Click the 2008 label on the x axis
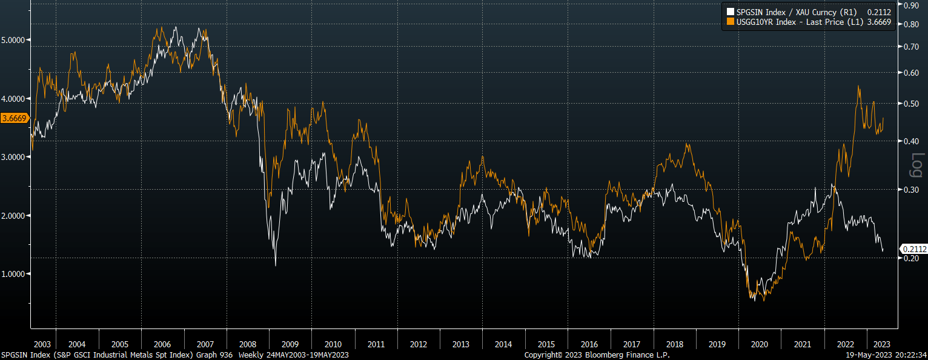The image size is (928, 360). point(248,344)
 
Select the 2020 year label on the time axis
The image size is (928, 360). point(759,344)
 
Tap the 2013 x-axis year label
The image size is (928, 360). point(460,344)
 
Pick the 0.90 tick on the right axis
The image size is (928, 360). point(911,5)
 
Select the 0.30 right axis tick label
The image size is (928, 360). point(911,190)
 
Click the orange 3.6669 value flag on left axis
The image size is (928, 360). point(15,118)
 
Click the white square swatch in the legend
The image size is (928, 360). point(730,12)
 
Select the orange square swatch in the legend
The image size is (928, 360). point(730,22)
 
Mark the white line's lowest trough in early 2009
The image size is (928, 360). point(276,265)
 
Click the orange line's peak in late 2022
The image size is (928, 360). point(858,86)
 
